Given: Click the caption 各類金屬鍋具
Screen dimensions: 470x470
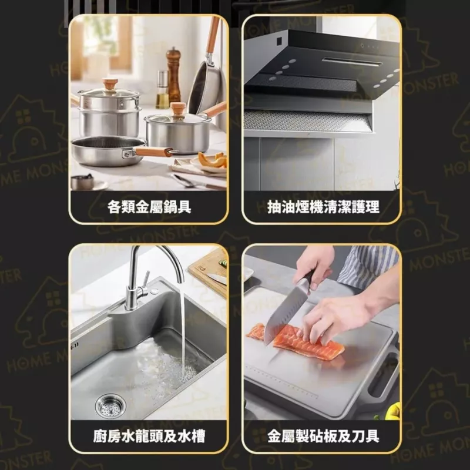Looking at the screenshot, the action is pos(149,207).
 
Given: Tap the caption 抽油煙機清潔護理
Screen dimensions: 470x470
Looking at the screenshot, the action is pos(323,207).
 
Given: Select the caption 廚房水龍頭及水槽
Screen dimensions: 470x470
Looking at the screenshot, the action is pos(149,436).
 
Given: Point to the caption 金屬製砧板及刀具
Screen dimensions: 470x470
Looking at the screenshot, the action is pos(323,436).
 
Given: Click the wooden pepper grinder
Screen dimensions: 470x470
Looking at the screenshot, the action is pos(173,75).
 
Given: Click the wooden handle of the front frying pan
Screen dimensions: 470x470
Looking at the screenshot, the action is pos(155,152).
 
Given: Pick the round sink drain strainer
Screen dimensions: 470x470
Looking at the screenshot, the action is pos(110,407).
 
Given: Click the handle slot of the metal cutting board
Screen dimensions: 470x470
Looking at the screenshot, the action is pos(384,375).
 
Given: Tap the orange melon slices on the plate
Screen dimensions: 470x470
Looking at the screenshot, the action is pos(213,160).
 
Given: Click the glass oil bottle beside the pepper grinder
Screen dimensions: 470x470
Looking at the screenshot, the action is pos(162,90).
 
